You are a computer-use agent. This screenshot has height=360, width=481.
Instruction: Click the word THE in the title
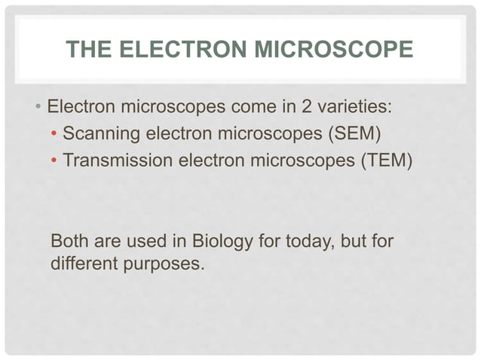[x=86, y=50]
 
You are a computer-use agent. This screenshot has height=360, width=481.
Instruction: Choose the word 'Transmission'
[x=115, y=161]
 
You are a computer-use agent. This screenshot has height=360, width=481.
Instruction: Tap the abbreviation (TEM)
[x=384, y=161]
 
